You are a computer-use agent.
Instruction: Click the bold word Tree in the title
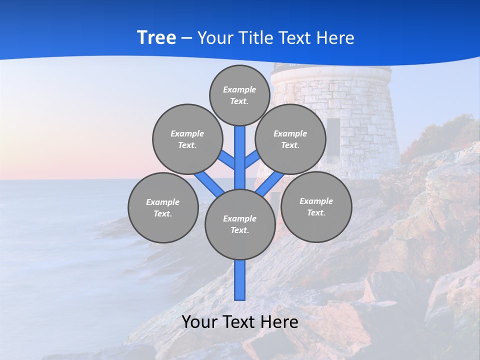pyautogui.click(x=156, y=37)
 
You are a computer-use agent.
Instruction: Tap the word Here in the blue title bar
pyautogui.click(x=336, y=37)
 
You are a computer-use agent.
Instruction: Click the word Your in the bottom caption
pyautogui.click(x=199, y=322)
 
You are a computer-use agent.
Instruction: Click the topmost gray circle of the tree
pyautogui.click(x=239, y=95)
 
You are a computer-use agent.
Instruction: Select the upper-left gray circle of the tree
pyautogui.click(x=187, y=139)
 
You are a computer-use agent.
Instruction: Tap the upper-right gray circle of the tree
pyautogui.click(x=290, y=139)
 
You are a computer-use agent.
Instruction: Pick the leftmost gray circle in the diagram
pyautogui.click(x=162, y=207)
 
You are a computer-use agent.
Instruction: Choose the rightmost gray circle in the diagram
pyautogui.click(x=316, y=206)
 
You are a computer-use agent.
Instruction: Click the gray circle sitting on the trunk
pyautogui.click(x=240, y=224)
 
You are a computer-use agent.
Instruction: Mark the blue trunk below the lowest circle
pyautogui.click(x=240, y=280)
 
